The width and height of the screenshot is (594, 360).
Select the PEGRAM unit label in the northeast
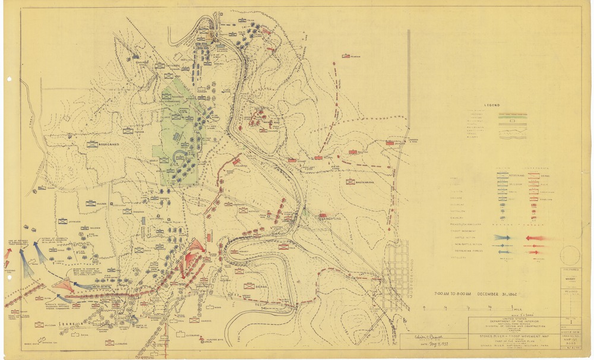[355, 56]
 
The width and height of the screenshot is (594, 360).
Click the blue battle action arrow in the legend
[503, 237]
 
